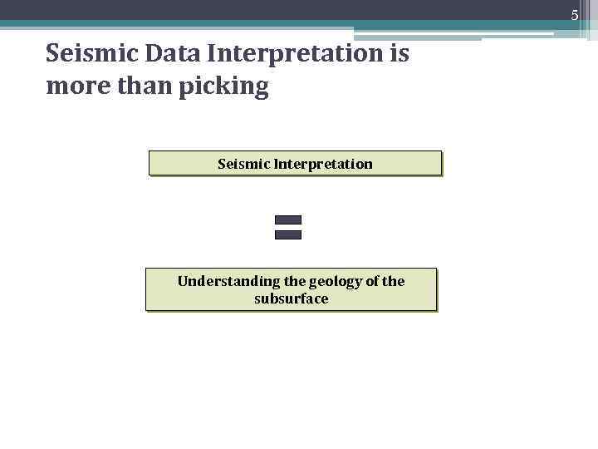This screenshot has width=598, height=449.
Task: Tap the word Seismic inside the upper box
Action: pos(243,164)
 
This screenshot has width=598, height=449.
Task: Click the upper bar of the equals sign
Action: pos(287,220)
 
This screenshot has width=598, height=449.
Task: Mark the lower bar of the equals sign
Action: pos(287,235)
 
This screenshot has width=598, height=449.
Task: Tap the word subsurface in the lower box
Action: pos(291,299)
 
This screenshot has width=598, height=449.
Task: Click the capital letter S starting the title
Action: pos(53,54)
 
